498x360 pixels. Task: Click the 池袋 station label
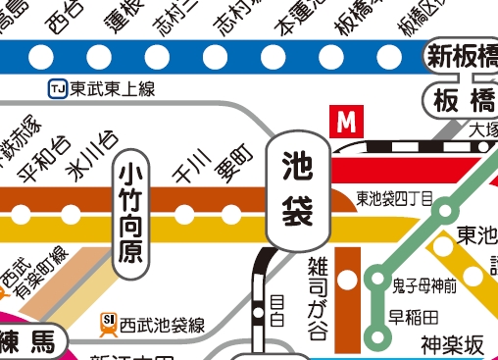pos(298,190)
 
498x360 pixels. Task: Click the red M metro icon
pos(346,123)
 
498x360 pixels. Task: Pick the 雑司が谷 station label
pos(318,284)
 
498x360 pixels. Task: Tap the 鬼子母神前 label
pos(423,286)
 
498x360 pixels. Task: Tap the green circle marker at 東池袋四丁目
pos(447,209)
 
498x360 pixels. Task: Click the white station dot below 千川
pos(184,213)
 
